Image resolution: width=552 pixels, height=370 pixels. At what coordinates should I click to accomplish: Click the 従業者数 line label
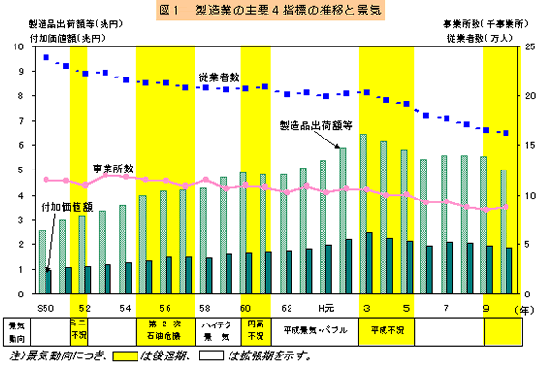[x=219, y=77]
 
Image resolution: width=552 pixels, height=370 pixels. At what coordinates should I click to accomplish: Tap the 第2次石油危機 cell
[x=165, y=329]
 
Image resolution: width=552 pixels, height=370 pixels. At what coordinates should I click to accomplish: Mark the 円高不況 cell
[x=255, y=329]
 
